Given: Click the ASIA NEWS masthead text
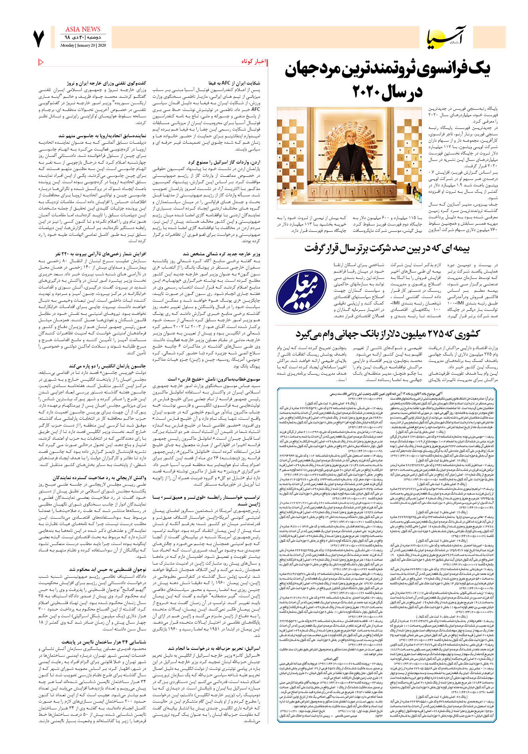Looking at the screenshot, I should (83, 29).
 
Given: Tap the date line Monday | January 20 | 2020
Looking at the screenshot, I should (83, 45).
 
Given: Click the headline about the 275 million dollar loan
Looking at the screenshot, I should (387, 334).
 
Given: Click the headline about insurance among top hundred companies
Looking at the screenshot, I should (387, 248).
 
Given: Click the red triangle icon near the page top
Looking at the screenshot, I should (41, 62).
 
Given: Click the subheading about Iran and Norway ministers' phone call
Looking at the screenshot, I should (107, 83).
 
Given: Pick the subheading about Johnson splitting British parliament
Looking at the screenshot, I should (107, 365).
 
